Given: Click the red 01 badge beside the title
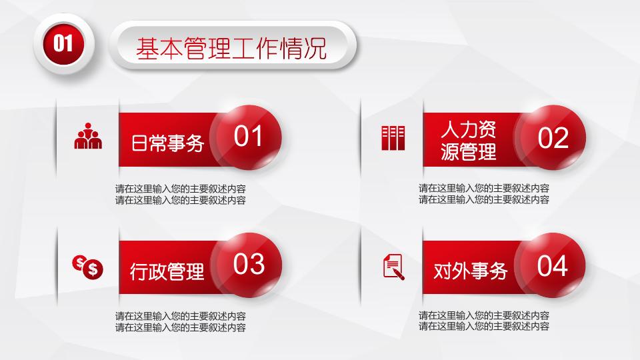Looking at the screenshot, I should (x=63, y=44).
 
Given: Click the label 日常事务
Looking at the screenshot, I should (x=167, y=143).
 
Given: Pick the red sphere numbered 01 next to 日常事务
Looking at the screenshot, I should (x=249, y=137).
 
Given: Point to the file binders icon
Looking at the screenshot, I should (x=393, y=137).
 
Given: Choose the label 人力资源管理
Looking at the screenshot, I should (x=469, y=140).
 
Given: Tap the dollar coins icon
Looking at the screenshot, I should (x=88, y=266).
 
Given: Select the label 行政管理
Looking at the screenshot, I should (x=167, y=271).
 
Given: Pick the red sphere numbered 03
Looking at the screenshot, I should (x=249, y=265).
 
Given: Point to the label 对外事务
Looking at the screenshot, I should (x=471, y=271).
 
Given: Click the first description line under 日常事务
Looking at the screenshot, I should (x=180, y=189).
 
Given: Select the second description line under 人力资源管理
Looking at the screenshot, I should (x=484, y=199).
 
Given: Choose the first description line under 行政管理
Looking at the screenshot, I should (x=180, y=316).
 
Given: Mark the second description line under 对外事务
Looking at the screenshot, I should (x=484, y=327).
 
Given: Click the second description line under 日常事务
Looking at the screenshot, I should (x=180, y=199).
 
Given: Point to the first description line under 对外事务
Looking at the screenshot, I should (x=484, y=316).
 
